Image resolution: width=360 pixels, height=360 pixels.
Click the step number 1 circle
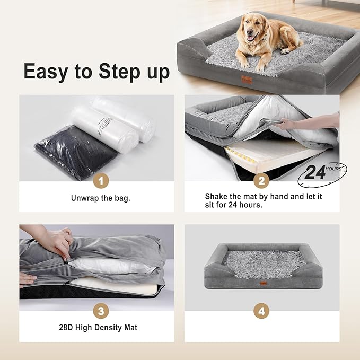(101, 181)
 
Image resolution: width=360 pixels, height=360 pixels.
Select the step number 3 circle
(101, 311)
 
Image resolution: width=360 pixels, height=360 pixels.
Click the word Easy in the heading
(48, 71)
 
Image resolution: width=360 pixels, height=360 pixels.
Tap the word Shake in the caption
(216, 196)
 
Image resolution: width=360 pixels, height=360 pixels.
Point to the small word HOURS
(334, 168)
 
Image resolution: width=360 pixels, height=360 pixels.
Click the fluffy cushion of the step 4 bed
(260, 262)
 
